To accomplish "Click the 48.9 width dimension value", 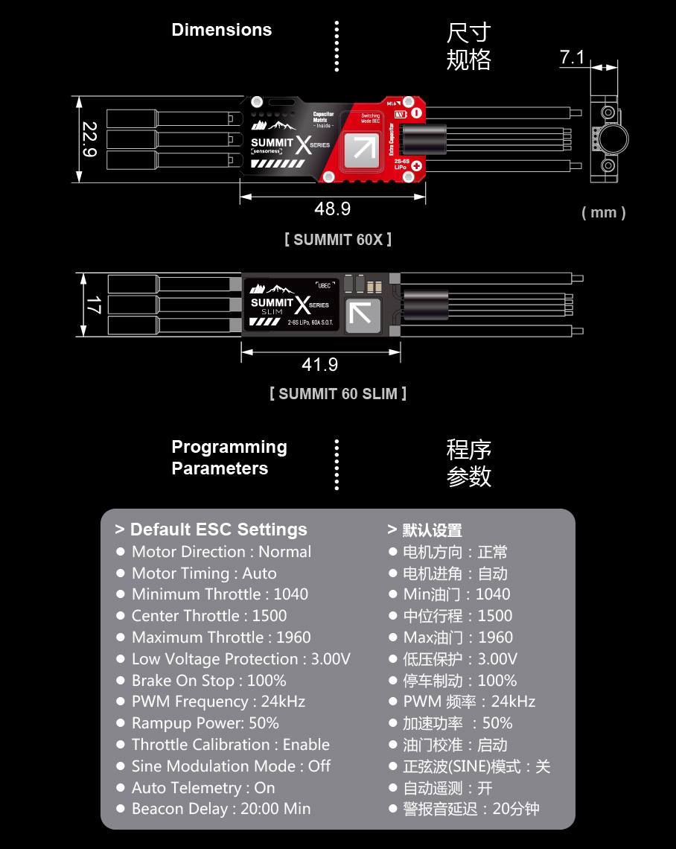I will pos(332,209).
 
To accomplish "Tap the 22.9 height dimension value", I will pos(89,139).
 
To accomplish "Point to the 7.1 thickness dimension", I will pos(572,57).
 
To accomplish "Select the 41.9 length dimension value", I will pos(319,364).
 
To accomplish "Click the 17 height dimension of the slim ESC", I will pos(93,305).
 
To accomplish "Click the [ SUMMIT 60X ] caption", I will pos(337,240).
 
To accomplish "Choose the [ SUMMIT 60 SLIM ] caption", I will pos(338,394).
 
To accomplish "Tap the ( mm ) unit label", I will pos(603,213).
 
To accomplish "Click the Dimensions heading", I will pos(221,30).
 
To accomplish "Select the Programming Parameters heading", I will pos(229,457).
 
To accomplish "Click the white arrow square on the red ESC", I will pos(363,147).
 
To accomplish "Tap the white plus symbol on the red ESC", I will pos(416,167).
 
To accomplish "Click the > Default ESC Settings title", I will pos(211,530).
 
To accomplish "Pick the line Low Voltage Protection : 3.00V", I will pos(240,659).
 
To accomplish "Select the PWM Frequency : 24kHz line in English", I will pos(218,702).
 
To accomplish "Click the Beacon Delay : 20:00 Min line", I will pos(221,809).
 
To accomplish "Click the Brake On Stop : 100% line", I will pos(208,681).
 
